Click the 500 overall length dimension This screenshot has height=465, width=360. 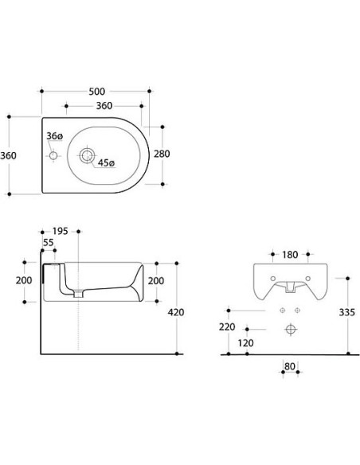tap(97, 92)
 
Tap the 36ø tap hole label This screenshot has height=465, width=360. tap(54, 137)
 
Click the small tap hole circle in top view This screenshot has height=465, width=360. tap(54, 155)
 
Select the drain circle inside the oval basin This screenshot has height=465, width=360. tap(88, 154)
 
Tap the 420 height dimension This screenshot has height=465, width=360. tap(176, 312)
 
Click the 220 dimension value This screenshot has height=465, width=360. tap(228, 326)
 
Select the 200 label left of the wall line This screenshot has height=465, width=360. tap(24, 281)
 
